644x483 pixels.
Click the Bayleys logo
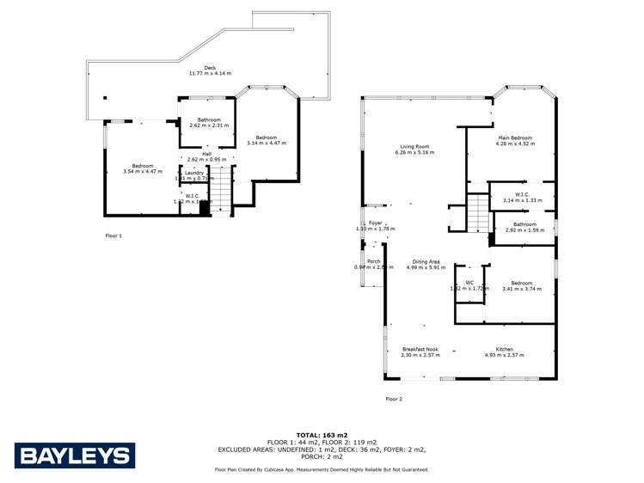coord(74,456)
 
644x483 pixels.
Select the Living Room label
coord(414,146)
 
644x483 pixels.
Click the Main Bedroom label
coord(516,138)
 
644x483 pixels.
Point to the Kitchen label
coord(505,349)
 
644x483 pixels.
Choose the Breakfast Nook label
coord(420,349)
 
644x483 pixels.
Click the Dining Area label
coord(426,261)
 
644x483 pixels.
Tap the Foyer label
coord(376,223)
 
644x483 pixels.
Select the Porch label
coord(374,261)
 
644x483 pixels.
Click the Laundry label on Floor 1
coord(194,173)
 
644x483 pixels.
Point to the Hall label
coord(206,154)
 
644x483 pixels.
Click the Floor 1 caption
coord(113,235)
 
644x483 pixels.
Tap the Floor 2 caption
coord(394,399)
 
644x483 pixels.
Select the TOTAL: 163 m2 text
coord(322,435)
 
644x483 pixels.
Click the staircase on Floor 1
coord(222,191)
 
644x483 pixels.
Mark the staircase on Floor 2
coord(477,212)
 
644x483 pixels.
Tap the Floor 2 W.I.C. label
coord(522,194)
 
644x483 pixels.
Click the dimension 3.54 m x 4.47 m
coord(142,171)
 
